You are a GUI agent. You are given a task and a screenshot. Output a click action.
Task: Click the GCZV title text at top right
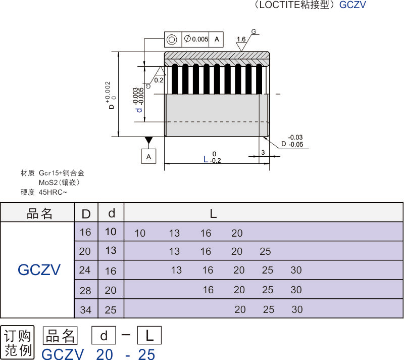click(352, 6)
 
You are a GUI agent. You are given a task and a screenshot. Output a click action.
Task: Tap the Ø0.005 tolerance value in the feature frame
click(196, 39)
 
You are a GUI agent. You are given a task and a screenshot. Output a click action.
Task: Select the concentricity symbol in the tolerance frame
click(172, 39)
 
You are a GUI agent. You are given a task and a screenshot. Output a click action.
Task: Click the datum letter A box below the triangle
click(148, 156)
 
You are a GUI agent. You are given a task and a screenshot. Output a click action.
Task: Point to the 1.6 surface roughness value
click(241, 39)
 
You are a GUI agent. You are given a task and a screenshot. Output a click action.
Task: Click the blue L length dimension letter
click(205, 159)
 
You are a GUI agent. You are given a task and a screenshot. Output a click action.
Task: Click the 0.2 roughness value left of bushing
click(159, 80)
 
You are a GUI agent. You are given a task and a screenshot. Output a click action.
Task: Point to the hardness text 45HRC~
click(53, 192)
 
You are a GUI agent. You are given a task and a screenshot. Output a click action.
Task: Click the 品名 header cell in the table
click(39, 213)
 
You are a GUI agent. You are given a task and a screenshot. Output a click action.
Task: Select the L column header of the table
click(213, 213)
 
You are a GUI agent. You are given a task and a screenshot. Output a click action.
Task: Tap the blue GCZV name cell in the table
click(39, 269)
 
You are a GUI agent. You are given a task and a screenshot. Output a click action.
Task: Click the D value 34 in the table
click(86, 309)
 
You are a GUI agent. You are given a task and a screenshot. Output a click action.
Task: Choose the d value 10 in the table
click(111, 232)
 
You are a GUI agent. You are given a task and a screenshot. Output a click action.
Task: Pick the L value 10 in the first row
click(140, 233)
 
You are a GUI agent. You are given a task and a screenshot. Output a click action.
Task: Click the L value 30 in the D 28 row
click(296, 290)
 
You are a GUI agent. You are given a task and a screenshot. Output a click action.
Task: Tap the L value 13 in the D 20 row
click(174, 251)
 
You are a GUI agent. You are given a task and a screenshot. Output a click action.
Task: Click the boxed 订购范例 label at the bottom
click(18, 342)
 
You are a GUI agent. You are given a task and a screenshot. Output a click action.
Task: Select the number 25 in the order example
click(146, 354)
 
